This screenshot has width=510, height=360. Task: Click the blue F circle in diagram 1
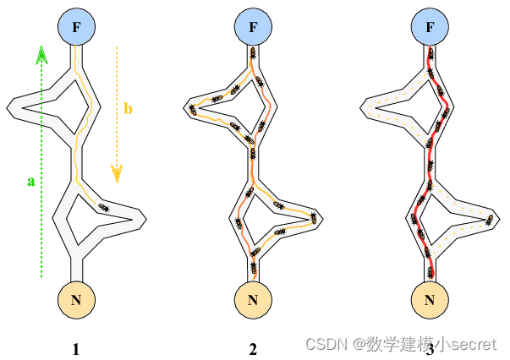pos(77,29)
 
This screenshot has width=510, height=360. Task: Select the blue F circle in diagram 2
pos(253,29)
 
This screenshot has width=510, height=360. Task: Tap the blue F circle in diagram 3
pos(430,29)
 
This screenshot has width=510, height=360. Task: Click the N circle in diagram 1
pos(77,298)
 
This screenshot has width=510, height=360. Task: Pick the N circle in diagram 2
pos(253,298)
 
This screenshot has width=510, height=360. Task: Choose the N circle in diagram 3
pos(430,298)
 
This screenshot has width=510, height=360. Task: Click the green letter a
pos(31,180)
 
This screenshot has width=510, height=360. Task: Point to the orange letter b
pos(128,108)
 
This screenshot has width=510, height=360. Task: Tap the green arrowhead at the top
pos(41,57)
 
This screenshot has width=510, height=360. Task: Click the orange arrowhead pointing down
pos(118,173)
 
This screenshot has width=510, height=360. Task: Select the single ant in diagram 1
pos(103,207)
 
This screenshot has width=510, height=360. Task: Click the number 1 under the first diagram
pos(76,347)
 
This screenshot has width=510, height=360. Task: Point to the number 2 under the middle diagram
pos(253,347)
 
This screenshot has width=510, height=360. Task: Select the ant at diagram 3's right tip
pos(491,221)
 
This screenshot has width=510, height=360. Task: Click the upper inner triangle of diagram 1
pos(59,106)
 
